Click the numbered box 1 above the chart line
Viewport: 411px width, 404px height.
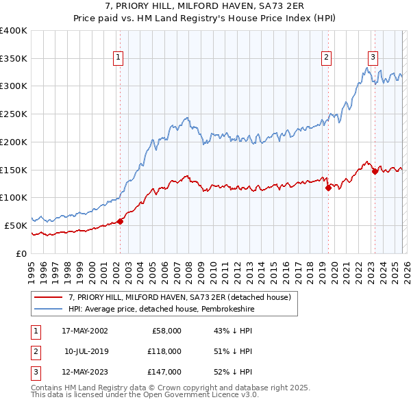(x=119, y=58)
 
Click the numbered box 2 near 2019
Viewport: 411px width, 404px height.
(x=327, y=58)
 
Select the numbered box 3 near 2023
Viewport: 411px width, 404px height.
(x=373, y=58)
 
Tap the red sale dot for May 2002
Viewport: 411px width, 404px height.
(x=120, y=221)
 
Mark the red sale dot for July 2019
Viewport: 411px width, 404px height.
(x=328, y=188)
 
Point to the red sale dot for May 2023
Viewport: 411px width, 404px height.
(x=375, y=172)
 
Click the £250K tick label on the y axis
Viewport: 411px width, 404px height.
(x=14, y=114)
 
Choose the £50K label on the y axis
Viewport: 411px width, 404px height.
(x=16, y=225)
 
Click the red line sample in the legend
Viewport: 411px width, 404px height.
(x=49, y=297)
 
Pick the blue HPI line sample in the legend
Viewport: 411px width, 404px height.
(x=49, y=309)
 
